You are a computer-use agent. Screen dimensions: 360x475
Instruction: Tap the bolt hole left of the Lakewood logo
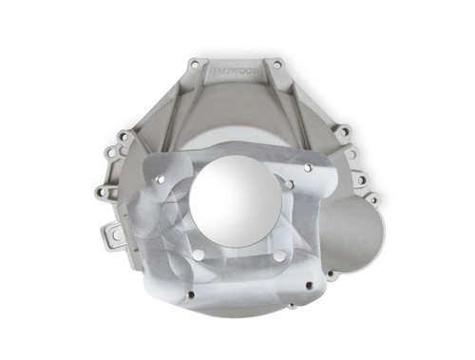pos(194,65)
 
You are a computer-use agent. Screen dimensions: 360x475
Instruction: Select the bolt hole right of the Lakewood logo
pos(276,65)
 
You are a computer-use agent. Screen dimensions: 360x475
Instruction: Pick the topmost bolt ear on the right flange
pos(344,132)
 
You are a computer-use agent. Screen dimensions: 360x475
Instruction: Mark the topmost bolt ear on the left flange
pos(123,136)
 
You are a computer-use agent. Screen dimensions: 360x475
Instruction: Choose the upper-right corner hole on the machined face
pos(308,168)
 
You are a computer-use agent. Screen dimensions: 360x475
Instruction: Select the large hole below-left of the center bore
pos(198,255)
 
